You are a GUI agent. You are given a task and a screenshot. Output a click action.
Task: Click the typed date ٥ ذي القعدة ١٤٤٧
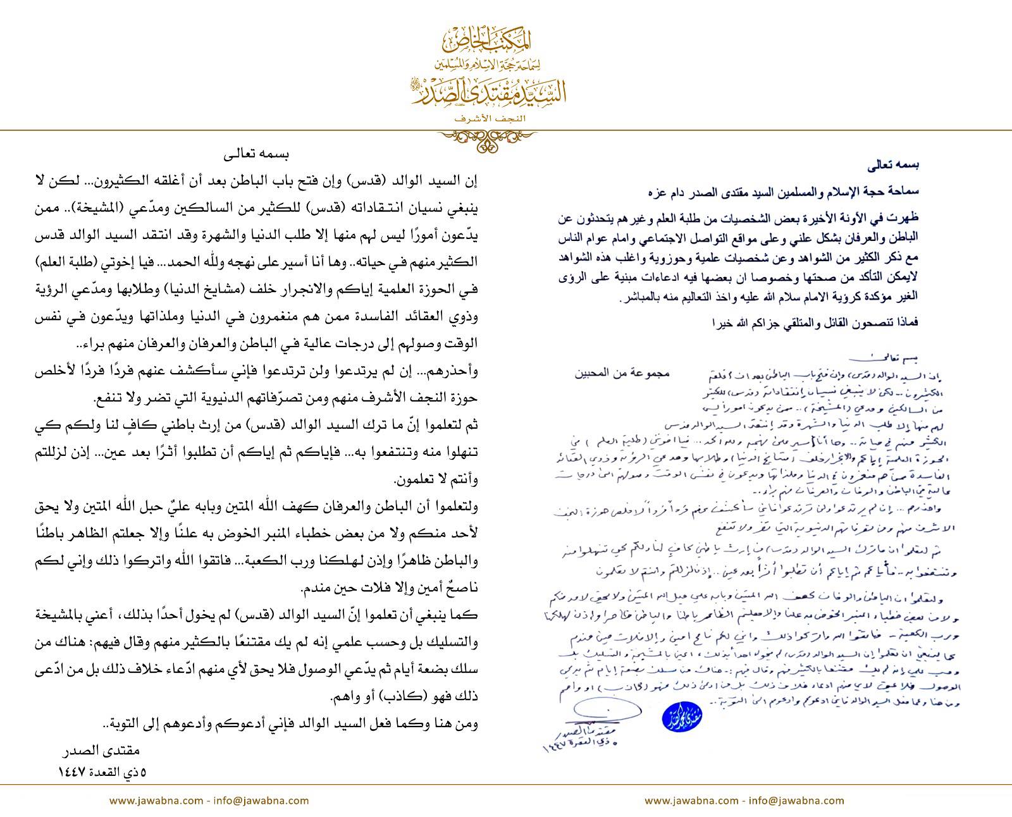[x=102, y=772]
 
